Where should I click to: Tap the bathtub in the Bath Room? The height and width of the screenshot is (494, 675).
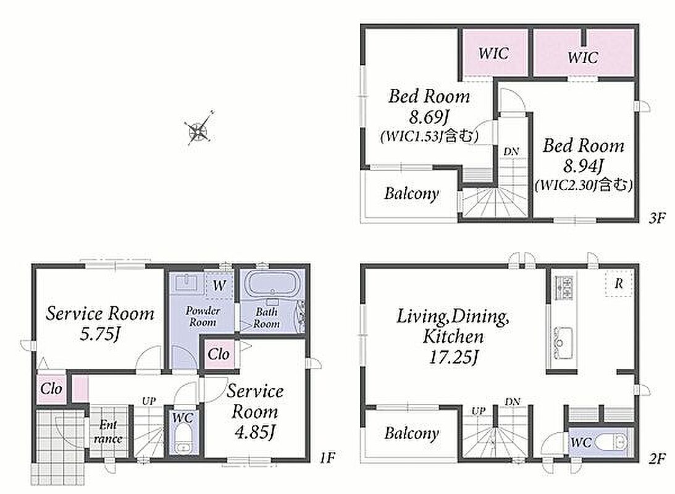[x=270, y=284]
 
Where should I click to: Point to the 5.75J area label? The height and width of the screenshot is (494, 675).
[x=99, y=334]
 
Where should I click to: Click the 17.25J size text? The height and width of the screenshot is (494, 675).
[x=453, y=357]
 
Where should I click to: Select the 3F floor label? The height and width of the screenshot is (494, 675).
[x=657, y=218]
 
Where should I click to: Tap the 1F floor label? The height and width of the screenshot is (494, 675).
[x=327, y=458]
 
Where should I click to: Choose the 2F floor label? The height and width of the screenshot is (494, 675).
[x=657, y=458]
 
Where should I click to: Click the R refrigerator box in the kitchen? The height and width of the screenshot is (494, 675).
[x=619, y=283]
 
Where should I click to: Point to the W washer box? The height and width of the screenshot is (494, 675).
[x=219, y=285]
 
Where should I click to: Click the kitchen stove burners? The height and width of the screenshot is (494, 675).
[x=564, y=288]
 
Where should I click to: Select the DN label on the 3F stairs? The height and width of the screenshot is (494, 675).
[x=511, y=151]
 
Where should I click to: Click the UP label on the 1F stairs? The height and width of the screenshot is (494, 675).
[x=148, y=401]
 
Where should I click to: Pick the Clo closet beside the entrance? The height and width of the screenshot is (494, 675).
[x=51, y=389]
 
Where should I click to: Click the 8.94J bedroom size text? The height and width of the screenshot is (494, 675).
[x=584, y=165]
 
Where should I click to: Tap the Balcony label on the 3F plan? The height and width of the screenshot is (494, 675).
[x=411, y=194]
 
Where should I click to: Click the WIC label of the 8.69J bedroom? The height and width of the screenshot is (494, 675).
[x=493, y=54]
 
